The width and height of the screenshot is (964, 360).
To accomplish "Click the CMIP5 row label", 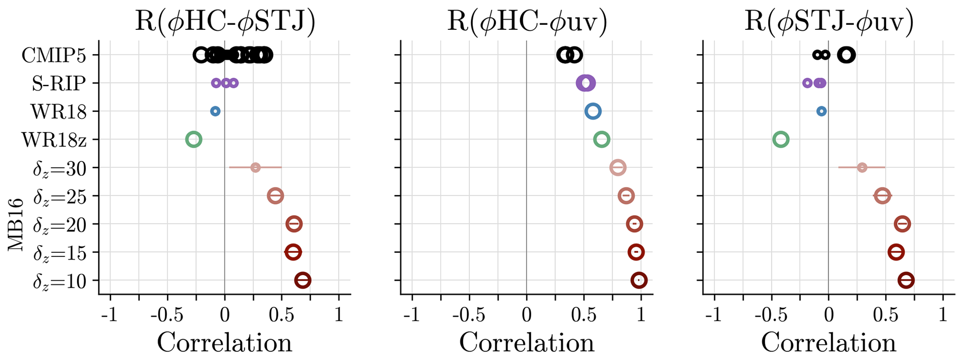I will [x=54, y=55].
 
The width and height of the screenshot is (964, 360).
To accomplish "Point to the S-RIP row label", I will [x=59, y=83].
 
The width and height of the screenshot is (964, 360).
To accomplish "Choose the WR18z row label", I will [x=54, y=139].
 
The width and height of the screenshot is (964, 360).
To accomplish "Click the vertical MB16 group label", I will [x=16, y=224].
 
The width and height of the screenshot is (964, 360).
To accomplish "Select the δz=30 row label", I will [x=60, y=168].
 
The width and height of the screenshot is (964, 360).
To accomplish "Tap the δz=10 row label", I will [x=60, y=281].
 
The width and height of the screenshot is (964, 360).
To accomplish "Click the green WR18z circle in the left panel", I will [x=194, y=139].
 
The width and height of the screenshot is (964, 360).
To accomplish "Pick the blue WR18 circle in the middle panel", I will [x=593, y=111].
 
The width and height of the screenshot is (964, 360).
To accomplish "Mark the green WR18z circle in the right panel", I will [x=781, y=139].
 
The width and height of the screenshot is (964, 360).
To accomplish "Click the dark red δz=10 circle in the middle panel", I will [x=639, y=280].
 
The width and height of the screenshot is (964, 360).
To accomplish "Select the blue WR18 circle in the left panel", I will [x=215, y=111].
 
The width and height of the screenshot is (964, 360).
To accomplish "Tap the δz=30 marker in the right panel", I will [x=862, y=167].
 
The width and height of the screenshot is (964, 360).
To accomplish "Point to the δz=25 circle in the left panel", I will [x=275, y=196].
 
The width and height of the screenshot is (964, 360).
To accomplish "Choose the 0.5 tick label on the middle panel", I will [x=584, y=316].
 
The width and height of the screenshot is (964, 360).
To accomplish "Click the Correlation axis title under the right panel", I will [x=828, y=343].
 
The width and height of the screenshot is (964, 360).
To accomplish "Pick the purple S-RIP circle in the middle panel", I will [x=586, y=83].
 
